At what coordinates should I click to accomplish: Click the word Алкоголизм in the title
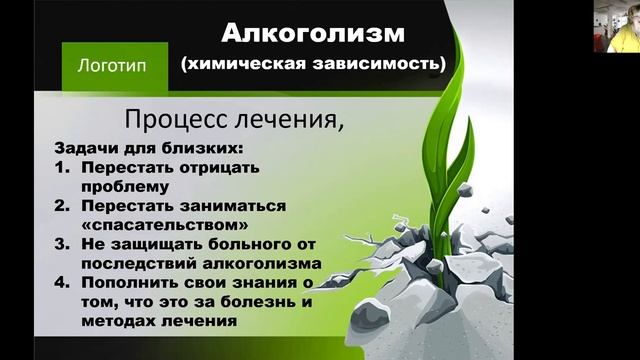pos(312,33)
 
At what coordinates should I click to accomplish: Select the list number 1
pos(60,166)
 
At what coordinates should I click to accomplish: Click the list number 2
pos(60,205)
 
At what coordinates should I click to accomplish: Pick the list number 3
pos(60,244)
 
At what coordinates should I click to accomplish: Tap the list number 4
pos(60,283)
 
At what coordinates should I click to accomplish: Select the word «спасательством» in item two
pos(152,224)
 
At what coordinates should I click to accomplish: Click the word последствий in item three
pos(137,263)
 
